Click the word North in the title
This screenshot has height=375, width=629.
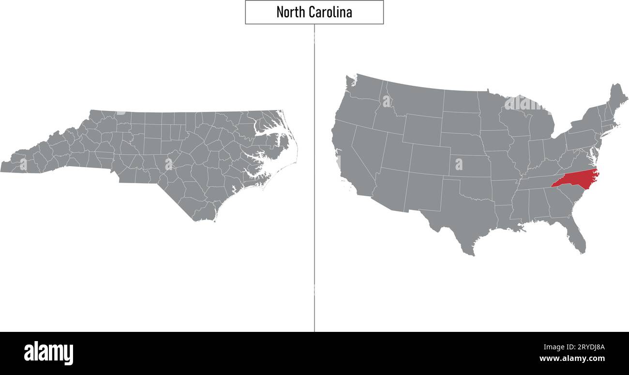pyautogui.click(x=289, y=12)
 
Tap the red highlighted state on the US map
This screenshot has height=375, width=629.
pyautogui.click(x=576, y=180)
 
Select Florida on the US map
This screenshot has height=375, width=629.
pyautogui.click(x=576, y=237)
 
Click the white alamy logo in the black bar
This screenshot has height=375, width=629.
pyautogui.click(x=48, y=353)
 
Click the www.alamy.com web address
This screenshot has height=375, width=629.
pyautogui.click(x=572, y=359)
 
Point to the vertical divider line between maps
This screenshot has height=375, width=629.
pyautogui.click(x=314, y=194)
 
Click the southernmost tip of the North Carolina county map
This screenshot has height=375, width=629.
pyautogui.click(x=196, y=221)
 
